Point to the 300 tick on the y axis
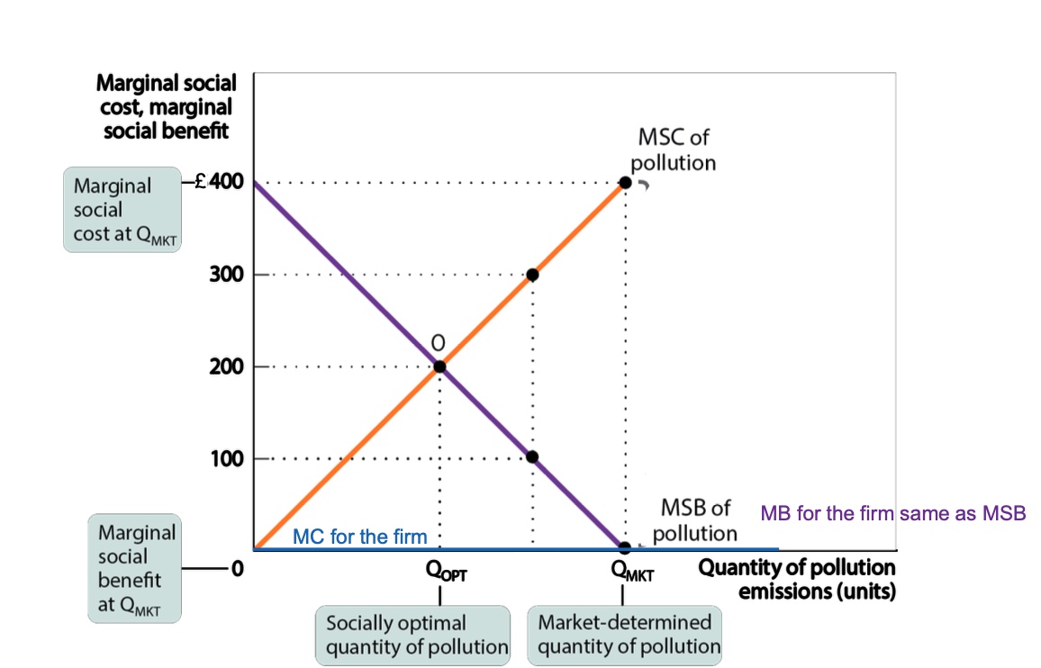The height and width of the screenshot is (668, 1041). (x=226, y=275)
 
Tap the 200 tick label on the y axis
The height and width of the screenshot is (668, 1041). (x=226, y=366)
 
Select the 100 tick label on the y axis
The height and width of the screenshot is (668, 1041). (x=226, y=459)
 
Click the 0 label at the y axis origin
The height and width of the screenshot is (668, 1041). (x=238, y=569)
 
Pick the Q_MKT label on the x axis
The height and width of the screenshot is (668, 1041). (x=630, y=571)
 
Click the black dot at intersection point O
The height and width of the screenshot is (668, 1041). (x=439, y=366)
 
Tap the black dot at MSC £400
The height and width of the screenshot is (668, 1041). (x=625, y=183)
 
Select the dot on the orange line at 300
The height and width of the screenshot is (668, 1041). (x=532, y=275)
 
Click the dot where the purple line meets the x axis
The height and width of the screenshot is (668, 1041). (x=625, y=547)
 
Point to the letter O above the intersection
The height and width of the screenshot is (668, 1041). (x=439, y=343)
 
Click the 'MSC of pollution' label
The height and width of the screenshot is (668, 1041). (x=673, y=150)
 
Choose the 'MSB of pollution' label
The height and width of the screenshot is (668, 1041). (x=695, y=520)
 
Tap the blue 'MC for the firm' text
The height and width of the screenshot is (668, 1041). (x=360, y=537)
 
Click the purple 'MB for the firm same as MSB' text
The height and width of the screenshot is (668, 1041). (x=893, y=513)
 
